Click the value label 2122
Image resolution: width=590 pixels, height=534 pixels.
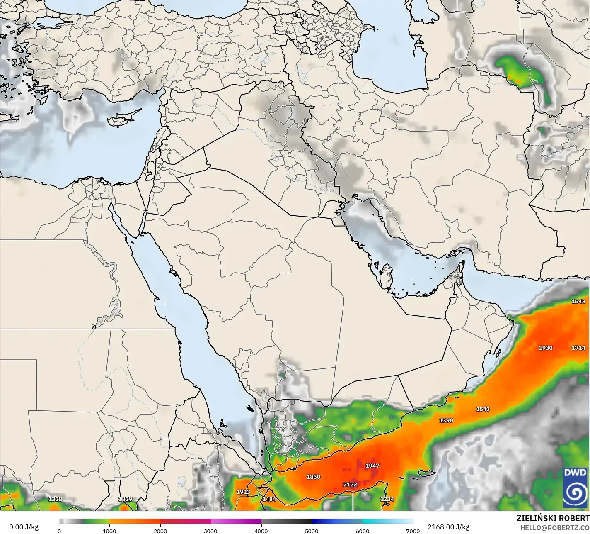click(350, 484)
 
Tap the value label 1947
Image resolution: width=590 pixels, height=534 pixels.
click(372, 466)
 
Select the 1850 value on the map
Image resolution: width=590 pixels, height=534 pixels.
click(313, 477)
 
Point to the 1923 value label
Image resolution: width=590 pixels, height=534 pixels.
click(243, 492)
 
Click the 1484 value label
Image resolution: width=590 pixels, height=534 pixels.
click(269, 499)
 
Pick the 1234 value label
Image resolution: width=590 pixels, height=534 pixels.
click(387, 499)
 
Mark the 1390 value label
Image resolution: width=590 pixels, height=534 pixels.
click(446, 420)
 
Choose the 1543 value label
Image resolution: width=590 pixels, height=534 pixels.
click(483, 409)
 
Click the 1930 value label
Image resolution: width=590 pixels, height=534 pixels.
click(545, 348)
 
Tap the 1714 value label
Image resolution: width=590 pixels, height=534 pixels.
click(578, 348)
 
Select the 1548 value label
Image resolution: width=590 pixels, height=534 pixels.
click(578, 301)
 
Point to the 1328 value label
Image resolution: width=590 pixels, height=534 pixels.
click(55, 499)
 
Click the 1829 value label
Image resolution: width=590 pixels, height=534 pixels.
click(125, 499)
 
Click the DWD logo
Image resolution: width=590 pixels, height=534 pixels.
click(575, 488)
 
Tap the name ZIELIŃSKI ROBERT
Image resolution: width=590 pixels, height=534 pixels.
click(553, 518)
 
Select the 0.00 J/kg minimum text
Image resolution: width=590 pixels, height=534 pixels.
click(24, 527)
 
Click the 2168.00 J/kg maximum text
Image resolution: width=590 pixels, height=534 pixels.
click(448, 527)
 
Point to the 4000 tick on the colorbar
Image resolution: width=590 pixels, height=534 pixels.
click(261, 531)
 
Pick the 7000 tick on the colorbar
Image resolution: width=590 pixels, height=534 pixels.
click(413, 531)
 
